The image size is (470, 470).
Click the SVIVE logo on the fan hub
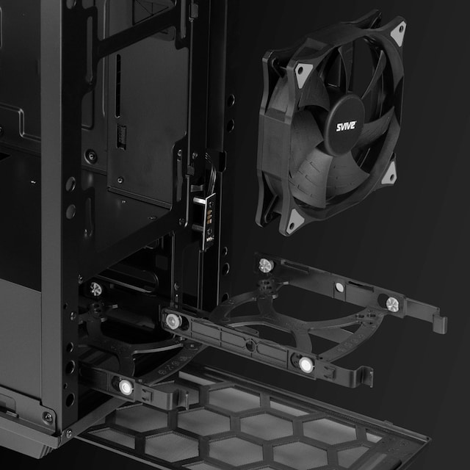click(346, 126)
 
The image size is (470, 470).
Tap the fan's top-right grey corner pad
click(399, 32)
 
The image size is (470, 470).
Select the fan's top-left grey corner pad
click(303, 74)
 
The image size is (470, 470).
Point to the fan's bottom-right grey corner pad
click(390, 174)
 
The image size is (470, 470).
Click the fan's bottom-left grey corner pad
click(294, 222)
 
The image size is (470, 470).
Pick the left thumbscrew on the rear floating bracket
click(266, 265)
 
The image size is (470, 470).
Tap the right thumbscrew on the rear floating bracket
click(392, 304)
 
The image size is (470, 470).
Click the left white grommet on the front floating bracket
click(173, 321)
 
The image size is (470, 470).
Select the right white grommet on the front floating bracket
click(306, 364)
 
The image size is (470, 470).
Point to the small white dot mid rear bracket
click(339, 287)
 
